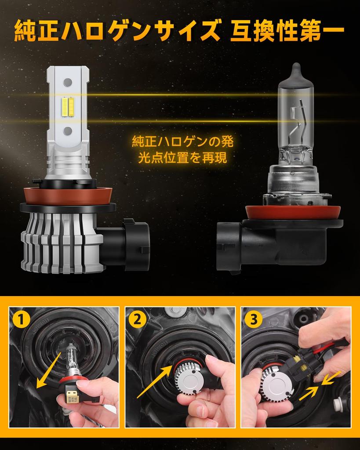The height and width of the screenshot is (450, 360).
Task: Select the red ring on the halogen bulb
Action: tap(293, 212)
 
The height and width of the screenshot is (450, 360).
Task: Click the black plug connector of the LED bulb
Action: tap(125, 243)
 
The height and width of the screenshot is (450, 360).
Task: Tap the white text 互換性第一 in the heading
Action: tap(287, 30)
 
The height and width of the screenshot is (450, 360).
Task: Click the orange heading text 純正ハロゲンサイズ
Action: tap(117, 30)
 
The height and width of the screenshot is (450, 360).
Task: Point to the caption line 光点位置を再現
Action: tap(182, 158)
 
